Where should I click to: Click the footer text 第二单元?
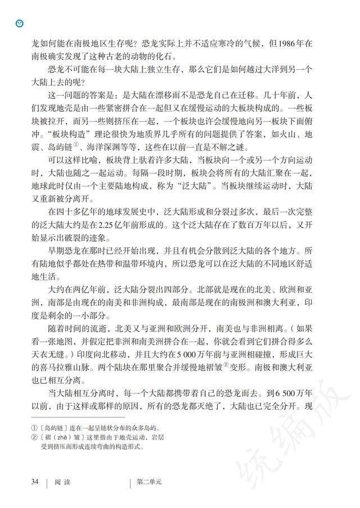[149, 482]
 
